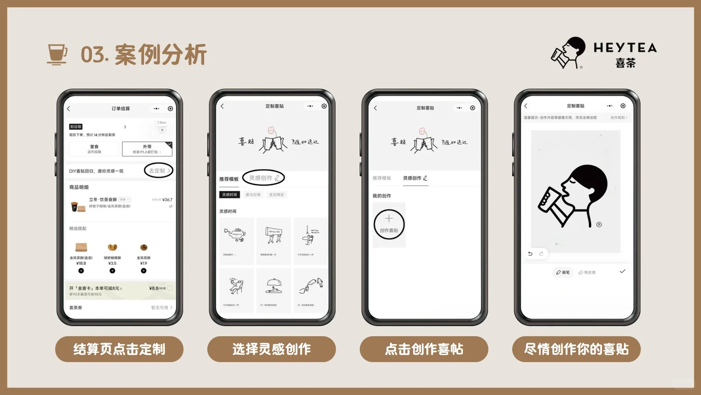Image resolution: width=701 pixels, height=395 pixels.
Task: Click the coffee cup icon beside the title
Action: [x=57, y=54]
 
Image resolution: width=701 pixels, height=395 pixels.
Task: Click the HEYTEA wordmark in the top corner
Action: [x=625, y=48]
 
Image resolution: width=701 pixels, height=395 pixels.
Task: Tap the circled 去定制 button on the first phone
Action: [x=159, y=171]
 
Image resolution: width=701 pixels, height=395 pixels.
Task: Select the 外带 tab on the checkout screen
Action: [x=147, y=149]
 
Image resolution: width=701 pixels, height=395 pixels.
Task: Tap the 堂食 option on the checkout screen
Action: [x=94, y=149]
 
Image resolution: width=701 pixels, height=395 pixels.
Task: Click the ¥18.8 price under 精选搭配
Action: [x=81, y=263]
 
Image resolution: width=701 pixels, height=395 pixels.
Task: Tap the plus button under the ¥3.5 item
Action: [x=112, y=271]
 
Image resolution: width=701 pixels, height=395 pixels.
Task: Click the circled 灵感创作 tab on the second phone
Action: [x=264, y=178]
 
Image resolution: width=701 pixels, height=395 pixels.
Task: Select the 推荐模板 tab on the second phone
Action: [x=229, y=179]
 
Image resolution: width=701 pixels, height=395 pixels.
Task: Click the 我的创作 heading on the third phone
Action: [x=382, y=196]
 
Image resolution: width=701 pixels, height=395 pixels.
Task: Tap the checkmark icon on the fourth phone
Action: [x=622, y=271]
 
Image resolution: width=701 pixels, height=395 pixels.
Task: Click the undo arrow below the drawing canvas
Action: [x=530, y=253]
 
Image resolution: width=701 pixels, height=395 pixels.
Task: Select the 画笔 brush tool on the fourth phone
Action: [x=563, y=272]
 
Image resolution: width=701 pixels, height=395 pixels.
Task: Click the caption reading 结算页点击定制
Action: [x=119, y=349]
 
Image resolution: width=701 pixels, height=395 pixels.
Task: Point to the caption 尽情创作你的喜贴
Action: [x=576, y=349]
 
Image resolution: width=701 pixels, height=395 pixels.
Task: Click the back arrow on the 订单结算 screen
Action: [x=68, y=108]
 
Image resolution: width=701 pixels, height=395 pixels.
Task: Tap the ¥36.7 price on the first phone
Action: [x=167, y=200]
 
